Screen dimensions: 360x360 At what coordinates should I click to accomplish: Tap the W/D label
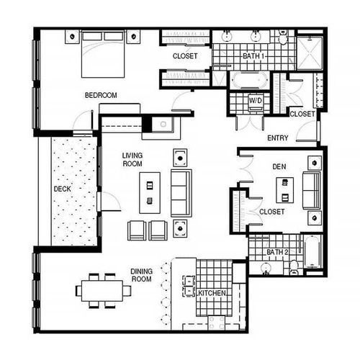coord(256,101)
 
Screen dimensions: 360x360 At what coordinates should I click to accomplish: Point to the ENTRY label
coord(279,138)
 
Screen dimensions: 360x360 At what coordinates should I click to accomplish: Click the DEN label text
coord(279,166)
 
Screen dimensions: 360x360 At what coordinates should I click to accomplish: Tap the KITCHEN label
coord(213,294)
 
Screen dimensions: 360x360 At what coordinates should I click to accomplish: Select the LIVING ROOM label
coord(133,159)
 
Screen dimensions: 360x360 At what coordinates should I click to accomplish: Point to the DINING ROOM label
coord(141,274)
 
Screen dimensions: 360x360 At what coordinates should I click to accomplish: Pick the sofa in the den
coord(312,190)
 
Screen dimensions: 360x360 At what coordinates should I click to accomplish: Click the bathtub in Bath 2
coord(313,253)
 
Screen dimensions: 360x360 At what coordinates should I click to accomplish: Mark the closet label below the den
coord(271,212)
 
